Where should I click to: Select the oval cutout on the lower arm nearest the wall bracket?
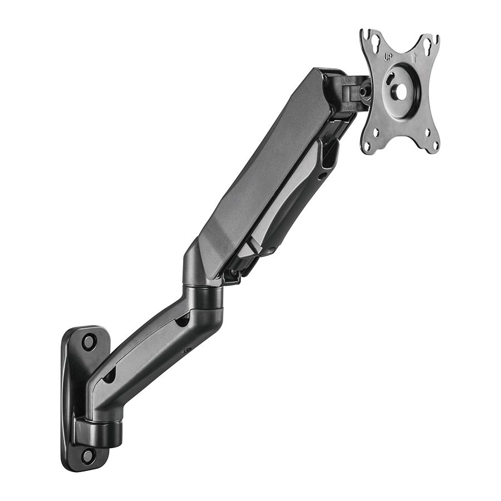pyautogui.click(x=109, y=376)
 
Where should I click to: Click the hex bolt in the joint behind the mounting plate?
pyautogui.click(x=364, y=91)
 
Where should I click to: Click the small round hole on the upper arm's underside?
pyautogui.click(x=321, y=176)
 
